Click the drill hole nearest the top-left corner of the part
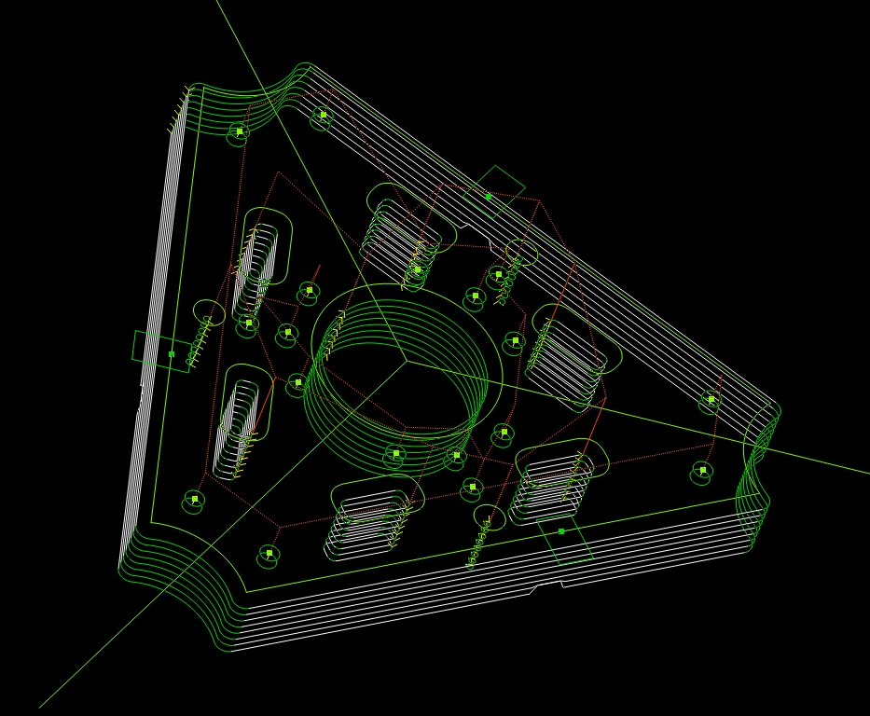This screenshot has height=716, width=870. click(239, 132)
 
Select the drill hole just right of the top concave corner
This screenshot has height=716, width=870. click(323, 117)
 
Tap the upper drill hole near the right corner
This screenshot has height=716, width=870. click(711, 400)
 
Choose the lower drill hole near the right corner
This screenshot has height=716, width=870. click(702, 472)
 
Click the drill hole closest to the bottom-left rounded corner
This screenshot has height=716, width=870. click(269, 554)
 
